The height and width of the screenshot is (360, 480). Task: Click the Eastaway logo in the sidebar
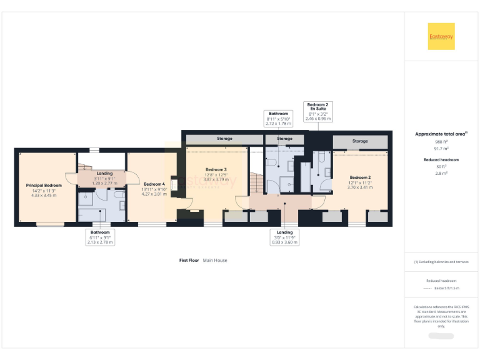click(441, 36)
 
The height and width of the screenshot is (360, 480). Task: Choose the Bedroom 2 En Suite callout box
click(318, 111)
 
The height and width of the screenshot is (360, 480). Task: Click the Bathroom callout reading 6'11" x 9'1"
click(99, 237)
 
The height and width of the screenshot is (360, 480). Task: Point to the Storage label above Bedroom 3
click(216, 139)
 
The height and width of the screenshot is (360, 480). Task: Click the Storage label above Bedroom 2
click(360, 141)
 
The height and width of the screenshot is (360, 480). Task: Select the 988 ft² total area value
click(441, 142)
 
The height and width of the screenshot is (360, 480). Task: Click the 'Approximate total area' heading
click(441, 134)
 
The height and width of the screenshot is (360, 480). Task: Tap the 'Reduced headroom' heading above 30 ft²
click(441, 160)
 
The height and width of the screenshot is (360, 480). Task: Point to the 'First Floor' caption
click(189, 260)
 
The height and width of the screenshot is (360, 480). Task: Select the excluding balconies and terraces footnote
click(441, 262)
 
